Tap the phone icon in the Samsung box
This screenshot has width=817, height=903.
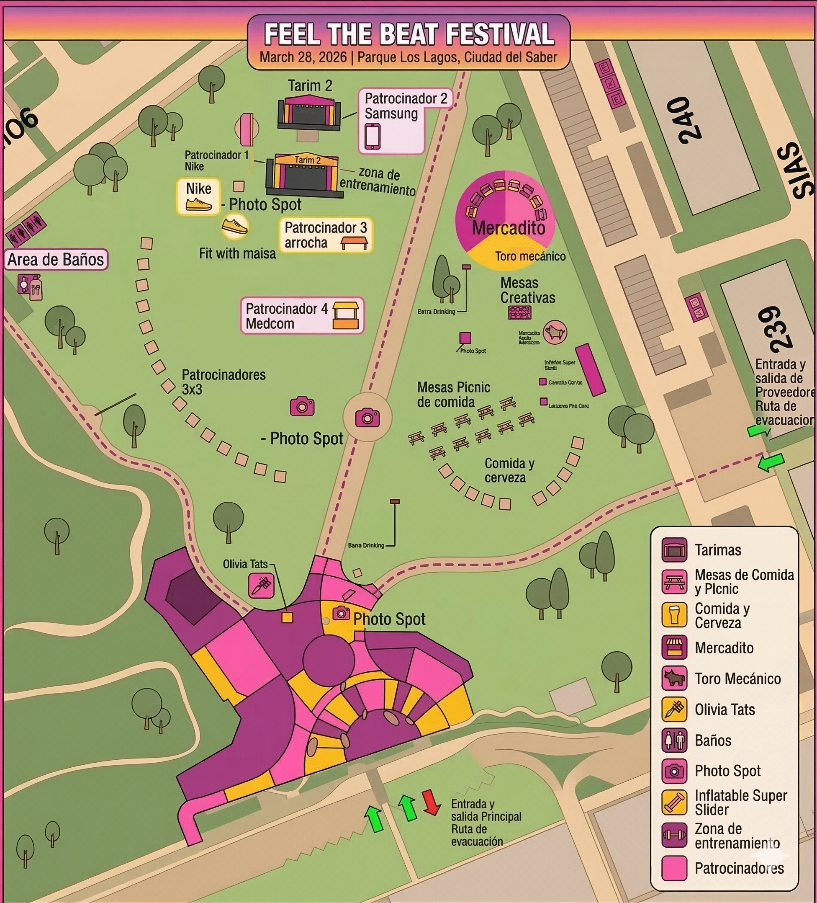[373, 136]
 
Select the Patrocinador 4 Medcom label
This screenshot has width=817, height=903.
[287, 316]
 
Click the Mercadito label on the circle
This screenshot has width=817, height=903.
[509, 228]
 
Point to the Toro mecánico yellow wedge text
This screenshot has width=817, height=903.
[530, 256]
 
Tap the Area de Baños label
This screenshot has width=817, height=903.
[56, 259]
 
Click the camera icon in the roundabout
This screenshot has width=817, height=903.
[367, 418]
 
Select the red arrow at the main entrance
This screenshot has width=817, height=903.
[432, 802]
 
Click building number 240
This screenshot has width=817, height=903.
[683, 120]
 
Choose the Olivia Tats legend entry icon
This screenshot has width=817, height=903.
[674, 709]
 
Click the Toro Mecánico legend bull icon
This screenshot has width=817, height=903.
[674, 679]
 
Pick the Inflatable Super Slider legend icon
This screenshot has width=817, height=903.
[674, 802]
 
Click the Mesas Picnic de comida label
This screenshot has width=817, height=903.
[453, 395]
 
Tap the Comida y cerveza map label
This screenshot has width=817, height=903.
[509, 470]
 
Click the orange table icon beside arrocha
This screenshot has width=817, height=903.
[354, 243]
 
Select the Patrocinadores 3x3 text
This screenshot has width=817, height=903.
[223, 382]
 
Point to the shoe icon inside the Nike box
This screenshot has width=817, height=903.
[198, 205]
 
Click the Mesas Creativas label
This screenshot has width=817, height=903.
[527, 290]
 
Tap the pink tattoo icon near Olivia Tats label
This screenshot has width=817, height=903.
[261, 586]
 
